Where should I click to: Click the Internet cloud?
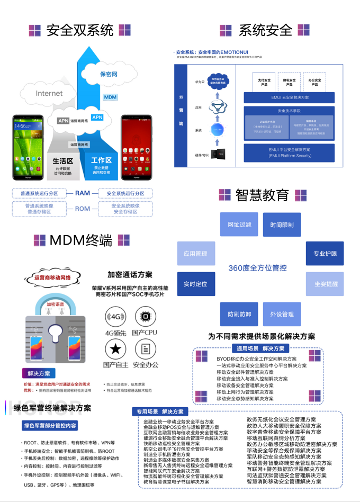49,94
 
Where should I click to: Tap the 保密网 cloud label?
109,74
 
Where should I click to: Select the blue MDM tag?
110,97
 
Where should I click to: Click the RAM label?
82,193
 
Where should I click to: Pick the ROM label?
82,209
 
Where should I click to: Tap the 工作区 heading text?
101,160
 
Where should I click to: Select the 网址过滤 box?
239,225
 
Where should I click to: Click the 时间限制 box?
282,225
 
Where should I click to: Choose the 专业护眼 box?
325,254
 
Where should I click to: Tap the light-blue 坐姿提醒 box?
325,284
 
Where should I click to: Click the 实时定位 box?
195,284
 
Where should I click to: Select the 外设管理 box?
282,314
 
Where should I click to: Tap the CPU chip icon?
145,317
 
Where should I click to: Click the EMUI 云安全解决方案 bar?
289,97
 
